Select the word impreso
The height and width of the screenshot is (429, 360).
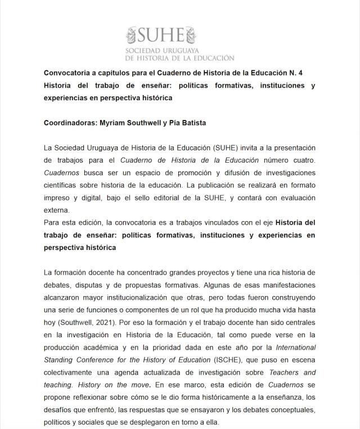point(57,198)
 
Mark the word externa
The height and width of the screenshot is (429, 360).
point(57,210)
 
